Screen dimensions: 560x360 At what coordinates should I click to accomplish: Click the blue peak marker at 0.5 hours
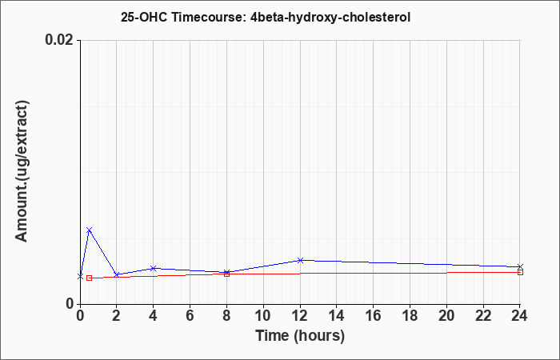90,230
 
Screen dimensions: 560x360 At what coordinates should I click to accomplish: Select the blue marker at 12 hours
300,260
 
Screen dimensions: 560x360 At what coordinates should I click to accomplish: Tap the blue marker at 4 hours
154,268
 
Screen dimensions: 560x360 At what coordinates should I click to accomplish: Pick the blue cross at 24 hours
520,266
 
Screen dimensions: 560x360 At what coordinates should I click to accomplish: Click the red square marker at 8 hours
226,274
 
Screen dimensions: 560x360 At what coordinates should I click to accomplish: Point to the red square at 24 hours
520,272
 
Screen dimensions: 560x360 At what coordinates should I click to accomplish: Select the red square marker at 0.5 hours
90,278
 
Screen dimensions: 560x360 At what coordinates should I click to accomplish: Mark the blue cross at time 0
80,277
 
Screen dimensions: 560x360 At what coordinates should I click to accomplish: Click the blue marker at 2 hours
117,274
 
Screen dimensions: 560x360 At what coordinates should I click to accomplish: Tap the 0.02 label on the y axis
60,40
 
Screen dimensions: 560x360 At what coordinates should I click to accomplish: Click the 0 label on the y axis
69,304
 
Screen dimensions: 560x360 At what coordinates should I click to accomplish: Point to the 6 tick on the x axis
190,316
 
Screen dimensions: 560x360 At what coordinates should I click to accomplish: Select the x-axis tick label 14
337,316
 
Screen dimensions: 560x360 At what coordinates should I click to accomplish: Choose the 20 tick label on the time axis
446,316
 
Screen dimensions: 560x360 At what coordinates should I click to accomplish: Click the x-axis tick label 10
263,316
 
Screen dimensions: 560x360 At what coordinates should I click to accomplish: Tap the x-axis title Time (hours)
300,336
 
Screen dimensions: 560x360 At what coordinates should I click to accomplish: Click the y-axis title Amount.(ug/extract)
22,171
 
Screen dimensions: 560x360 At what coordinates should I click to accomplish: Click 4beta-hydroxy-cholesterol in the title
330,18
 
